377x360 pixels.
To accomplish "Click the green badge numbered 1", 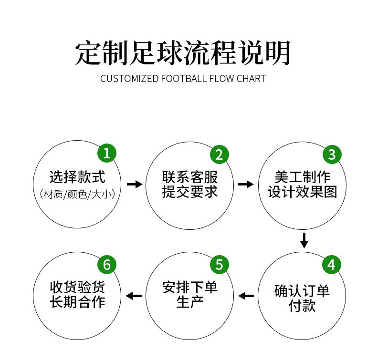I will pyautogui.click(x=107, y=154).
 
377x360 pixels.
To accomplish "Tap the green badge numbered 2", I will pyautogui.click(x=220, y=154).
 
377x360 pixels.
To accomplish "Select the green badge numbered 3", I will pyautogui.click(x=332, y=154).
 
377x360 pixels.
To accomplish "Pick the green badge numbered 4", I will pyautogui.click(x=332, y=265).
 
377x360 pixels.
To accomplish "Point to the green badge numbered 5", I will pyautogui.click(x=220, y=265).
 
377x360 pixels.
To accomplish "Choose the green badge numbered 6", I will pyautogui.click(x=107, y=265).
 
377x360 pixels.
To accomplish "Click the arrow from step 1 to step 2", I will pyautogui.click(x=135, y=184).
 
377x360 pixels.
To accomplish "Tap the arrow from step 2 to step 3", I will pyautogui.click(x=246, y=184).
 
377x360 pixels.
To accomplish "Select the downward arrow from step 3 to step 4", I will pyautogui.click(x=304, y=240).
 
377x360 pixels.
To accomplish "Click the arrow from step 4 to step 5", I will pyautogui.click(x=246, y=296).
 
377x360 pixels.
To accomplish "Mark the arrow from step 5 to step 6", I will pyautogui.click(x=134, y=296).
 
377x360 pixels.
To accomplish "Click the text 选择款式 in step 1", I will pyautogui.click(x=77, y=177).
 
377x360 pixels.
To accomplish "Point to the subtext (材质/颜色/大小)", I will pyautogui.click(x=77, y=195).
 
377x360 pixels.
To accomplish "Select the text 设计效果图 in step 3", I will pyautogui.click(x=303, y=192).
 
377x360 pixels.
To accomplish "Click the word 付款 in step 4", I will pyautogui.click(x=303, y=306).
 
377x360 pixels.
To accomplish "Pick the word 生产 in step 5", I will pyautogui.click(x=190, y=303).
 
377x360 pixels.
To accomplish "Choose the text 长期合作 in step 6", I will pyautogui.click(x=77, y=302).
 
